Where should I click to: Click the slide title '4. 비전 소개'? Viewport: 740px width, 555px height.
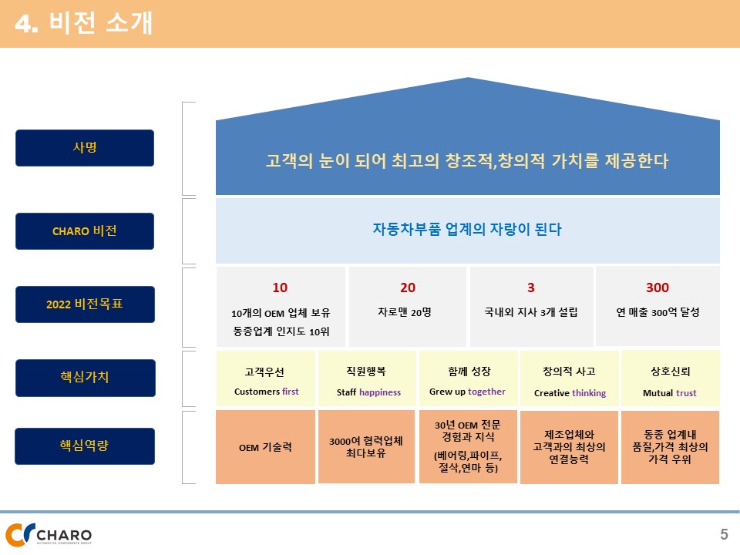pos(83,22)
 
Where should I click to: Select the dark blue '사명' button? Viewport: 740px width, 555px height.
pos(85,148)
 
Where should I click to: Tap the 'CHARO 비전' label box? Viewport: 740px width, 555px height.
pos(85,231)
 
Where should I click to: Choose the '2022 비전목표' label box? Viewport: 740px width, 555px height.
pos(85,304)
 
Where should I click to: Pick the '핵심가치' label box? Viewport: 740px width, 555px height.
pos(86,378)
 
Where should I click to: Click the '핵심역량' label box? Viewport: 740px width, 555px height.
pos(85,446)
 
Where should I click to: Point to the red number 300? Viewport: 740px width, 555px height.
pos(658,288)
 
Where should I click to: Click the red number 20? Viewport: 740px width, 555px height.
pos(408,288)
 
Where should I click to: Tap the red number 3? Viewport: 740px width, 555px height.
pos(531,288)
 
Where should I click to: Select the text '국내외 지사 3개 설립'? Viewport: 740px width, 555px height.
pos(531,312)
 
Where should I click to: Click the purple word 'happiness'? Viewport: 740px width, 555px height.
pos(380,392)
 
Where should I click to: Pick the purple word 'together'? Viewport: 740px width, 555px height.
pos(486,392)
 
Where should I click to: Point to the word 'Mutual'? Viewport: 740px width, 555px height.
pos(658,392)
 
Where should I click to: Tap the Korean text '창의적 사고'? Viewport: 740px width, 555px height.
pos(569,372)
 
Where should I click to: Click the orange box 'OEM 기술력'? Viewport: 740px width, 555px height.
pos(265,447)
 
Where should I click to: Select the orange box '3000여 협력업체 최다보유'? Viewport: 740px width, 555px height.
pos(367,446)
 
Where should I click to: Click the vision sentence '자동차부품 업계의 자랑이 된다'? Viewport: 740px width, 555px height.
pos(467,230)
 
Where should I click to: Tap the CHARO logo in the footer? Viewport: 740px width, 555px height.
pos(49,534)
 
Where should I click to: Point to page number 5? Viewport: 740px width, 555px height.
pos(724,534)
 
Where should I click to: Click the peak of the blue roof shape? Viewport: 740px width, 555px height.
pos(468,78)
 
